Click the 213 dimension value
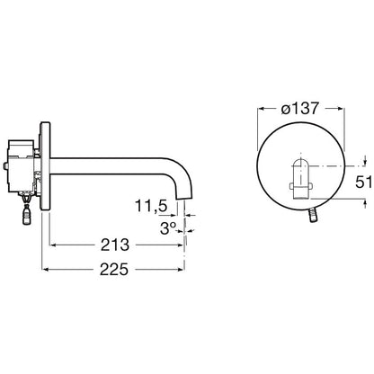tap(115, 245)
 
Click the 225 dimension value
tap(114, 269)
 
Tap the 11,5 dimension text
tap(151, 206)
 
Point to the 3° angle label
tap(167, 229)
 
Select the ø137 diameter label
tap(299, 108)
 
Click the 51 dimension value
tap(363, 182)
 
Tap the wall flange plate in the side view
tap(45, 166)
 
